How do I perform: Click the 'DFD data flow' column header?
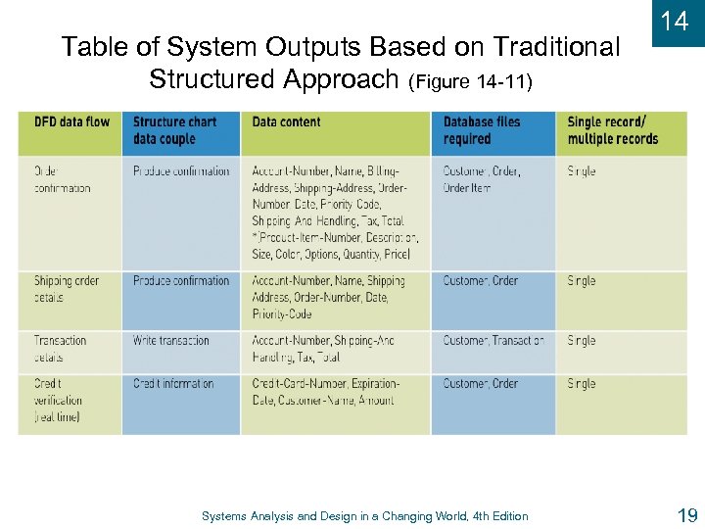click(71, 121)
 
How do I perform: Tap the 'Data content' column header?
click(286, 121)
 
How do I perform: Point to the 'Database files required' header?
click(482, 130)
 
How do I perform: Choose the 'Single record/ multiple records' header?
click(613, 130)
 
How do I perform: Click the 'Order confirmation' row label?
click(62, 179)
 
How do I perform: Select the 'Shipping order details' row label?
click(67, 289)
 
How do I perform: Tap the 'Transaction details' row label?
click(60, 349)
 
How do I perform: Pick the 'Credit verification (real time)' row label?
click(60, 400)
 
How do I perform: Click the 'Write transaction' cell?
click(171, 341)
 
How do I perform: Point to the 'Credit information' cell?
click(173, 384)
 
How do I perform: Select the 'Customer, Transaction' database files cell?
click(493, 341)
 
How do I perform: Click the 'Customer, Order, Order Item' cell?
click(482, 179)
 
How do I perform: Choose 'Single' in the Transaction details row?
click(582, 341)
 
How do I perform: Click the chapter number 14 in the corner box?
click(675, 21)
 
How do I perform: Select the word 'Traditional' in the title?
click(556, 46)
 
